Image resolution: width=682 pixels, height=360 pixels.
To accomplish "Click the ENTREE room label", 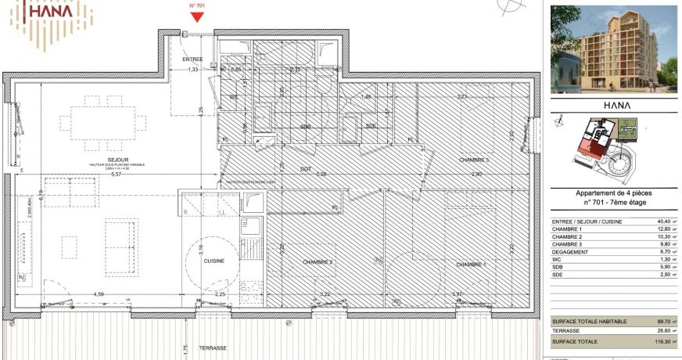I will pos(192,59).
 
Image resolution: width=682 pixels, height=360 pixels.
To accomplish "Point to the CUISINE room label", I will pos(214,261).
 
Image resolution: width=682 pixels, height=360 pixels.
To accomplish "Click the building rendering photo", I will pos(613,49).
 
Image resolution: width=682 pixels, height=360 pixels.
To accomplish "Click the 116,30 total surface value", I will pos(661,342).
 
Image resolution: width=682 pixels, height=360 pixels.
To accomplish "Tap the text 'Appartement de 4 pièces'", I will pos(613,193).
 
